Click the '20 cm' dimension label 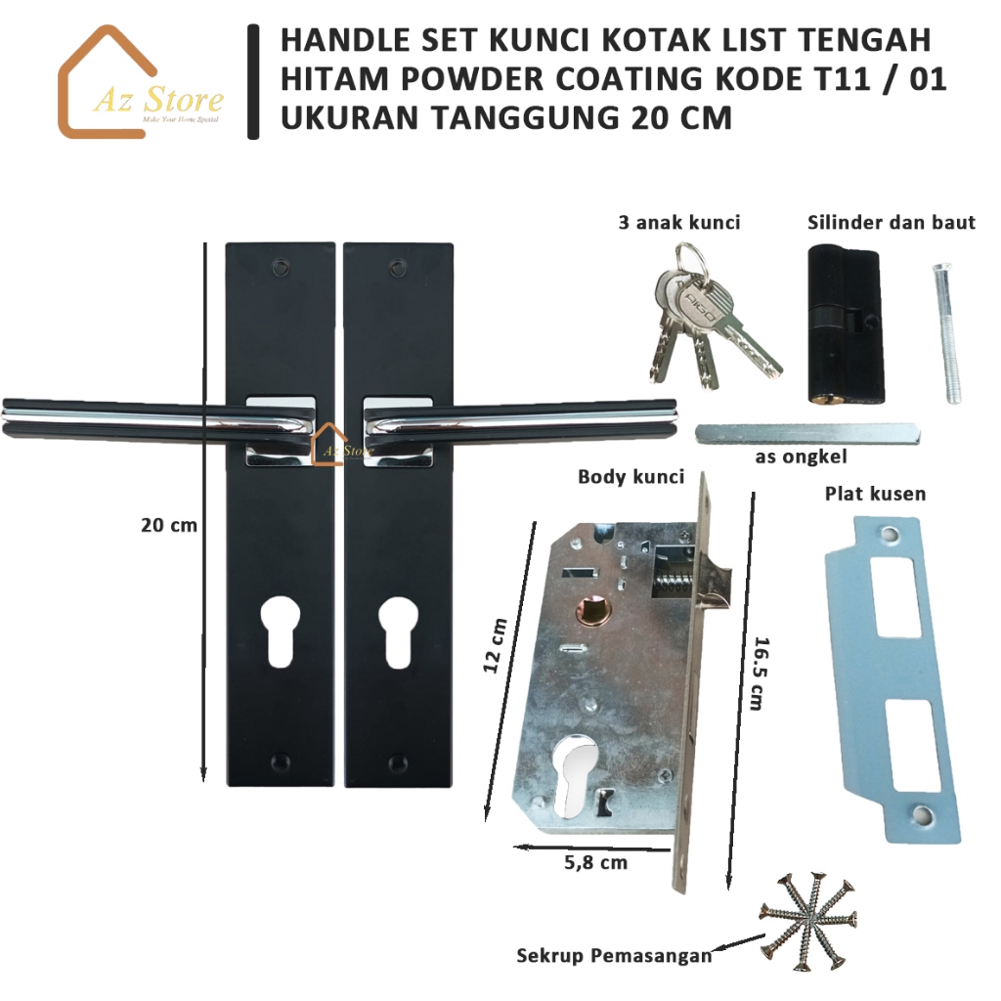168,525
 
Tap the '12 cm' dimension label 495,645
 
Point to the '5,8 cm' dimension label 595,862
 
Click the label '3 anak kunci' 679,222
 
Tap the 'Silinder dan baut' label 892,222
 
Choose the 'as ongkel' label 801,457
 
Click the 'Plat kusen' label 875,494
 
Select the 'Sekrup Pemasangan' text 614,956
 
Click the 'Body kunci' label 631,477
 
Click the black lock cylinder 847,325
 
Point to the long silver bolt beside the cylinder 946,332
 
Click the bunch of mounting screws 807,920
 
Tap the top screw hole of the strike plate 890,533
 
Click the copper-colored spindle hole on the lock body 593,612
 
